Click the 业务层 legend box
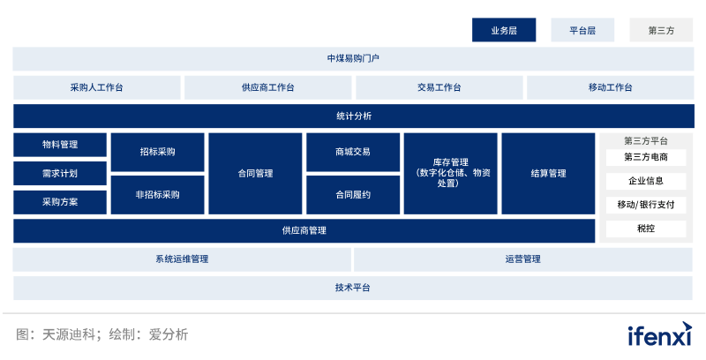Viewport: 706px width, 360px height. pos(504,30)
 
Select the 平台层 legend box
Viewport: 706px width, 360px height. pos(582,30)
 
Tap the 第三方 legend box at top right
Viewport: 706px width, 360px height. pos(661,30)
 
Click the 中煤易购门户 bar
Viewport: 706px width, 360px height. pos(353,59)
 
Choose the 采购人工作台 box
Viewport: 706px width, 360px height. pos(97,87)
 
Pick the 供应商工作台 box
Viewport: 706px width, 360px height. pos(267,87)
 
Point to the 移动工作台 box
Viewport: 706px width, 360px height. pos(610,87)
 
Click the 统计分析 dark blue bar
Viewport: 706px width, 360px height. pos(353,116)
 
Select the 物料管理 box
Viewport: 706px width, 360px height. pos(60,145)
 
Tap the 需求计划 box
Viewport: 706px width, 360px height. pos(60,173)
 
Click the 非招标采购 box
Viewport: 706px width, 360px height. pos(157,194)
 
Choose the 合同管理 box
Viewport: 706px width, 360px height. pos(255,173)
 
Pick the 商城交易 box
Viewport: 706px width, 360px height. pos(353,152)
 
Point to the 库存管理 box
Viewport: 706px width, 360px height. pos(450,173)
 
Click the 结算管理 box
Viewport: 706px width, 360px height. pos(548,173)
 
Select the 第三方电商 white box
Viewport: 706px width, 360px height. pos(645,158)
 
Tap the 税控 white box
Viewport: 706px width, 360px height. pos(645,229)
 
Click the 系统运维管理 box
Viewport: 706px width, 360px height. pos(182,259)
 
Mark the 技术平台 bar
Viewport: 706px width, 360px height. pos(353,288)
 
